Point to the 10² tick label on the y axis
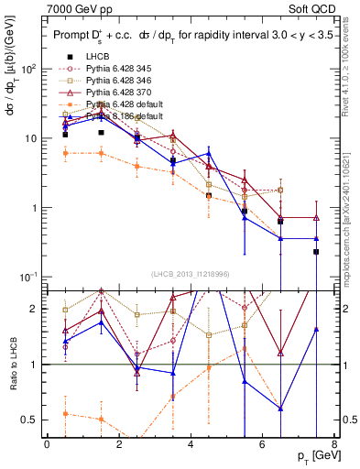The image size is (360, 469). pyautogui.click(x=29, y=70)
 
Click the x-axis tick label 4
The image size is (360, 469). pyautogui.click(x=191, y=444)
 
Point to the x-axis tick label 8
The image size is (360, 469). pyautogui.click(x=333, y=444)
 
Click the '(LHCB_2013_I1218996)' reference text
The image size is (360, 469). pyautogui.click(x=190, y=274)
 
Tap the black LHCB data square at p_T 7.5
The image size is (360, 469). pyautogui.click(x=316, y=251)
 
